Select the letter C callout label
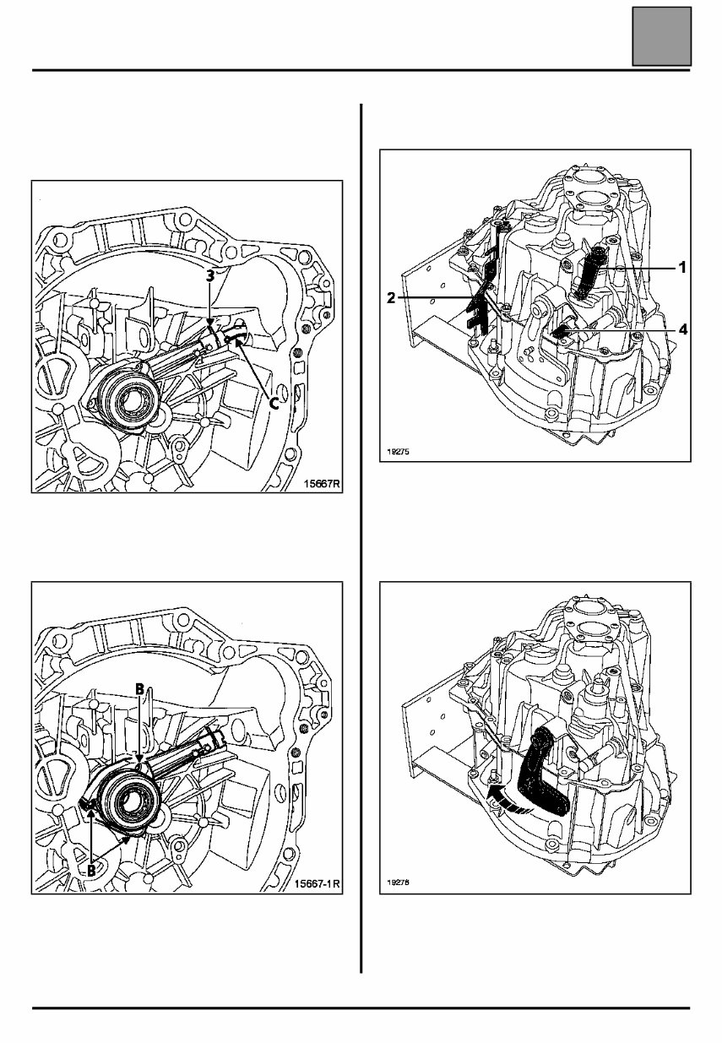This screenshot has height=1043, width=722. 274,404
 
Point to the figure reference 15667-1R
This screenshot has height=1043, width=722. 317,884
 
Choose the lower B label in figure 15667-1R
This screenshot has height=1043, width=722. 91,867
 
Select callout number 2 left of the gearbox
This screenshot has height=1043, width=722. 391,298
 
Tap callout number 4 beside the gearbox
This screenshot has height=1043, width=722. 681,331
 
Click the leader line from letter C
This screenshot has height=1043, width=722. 258,372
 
